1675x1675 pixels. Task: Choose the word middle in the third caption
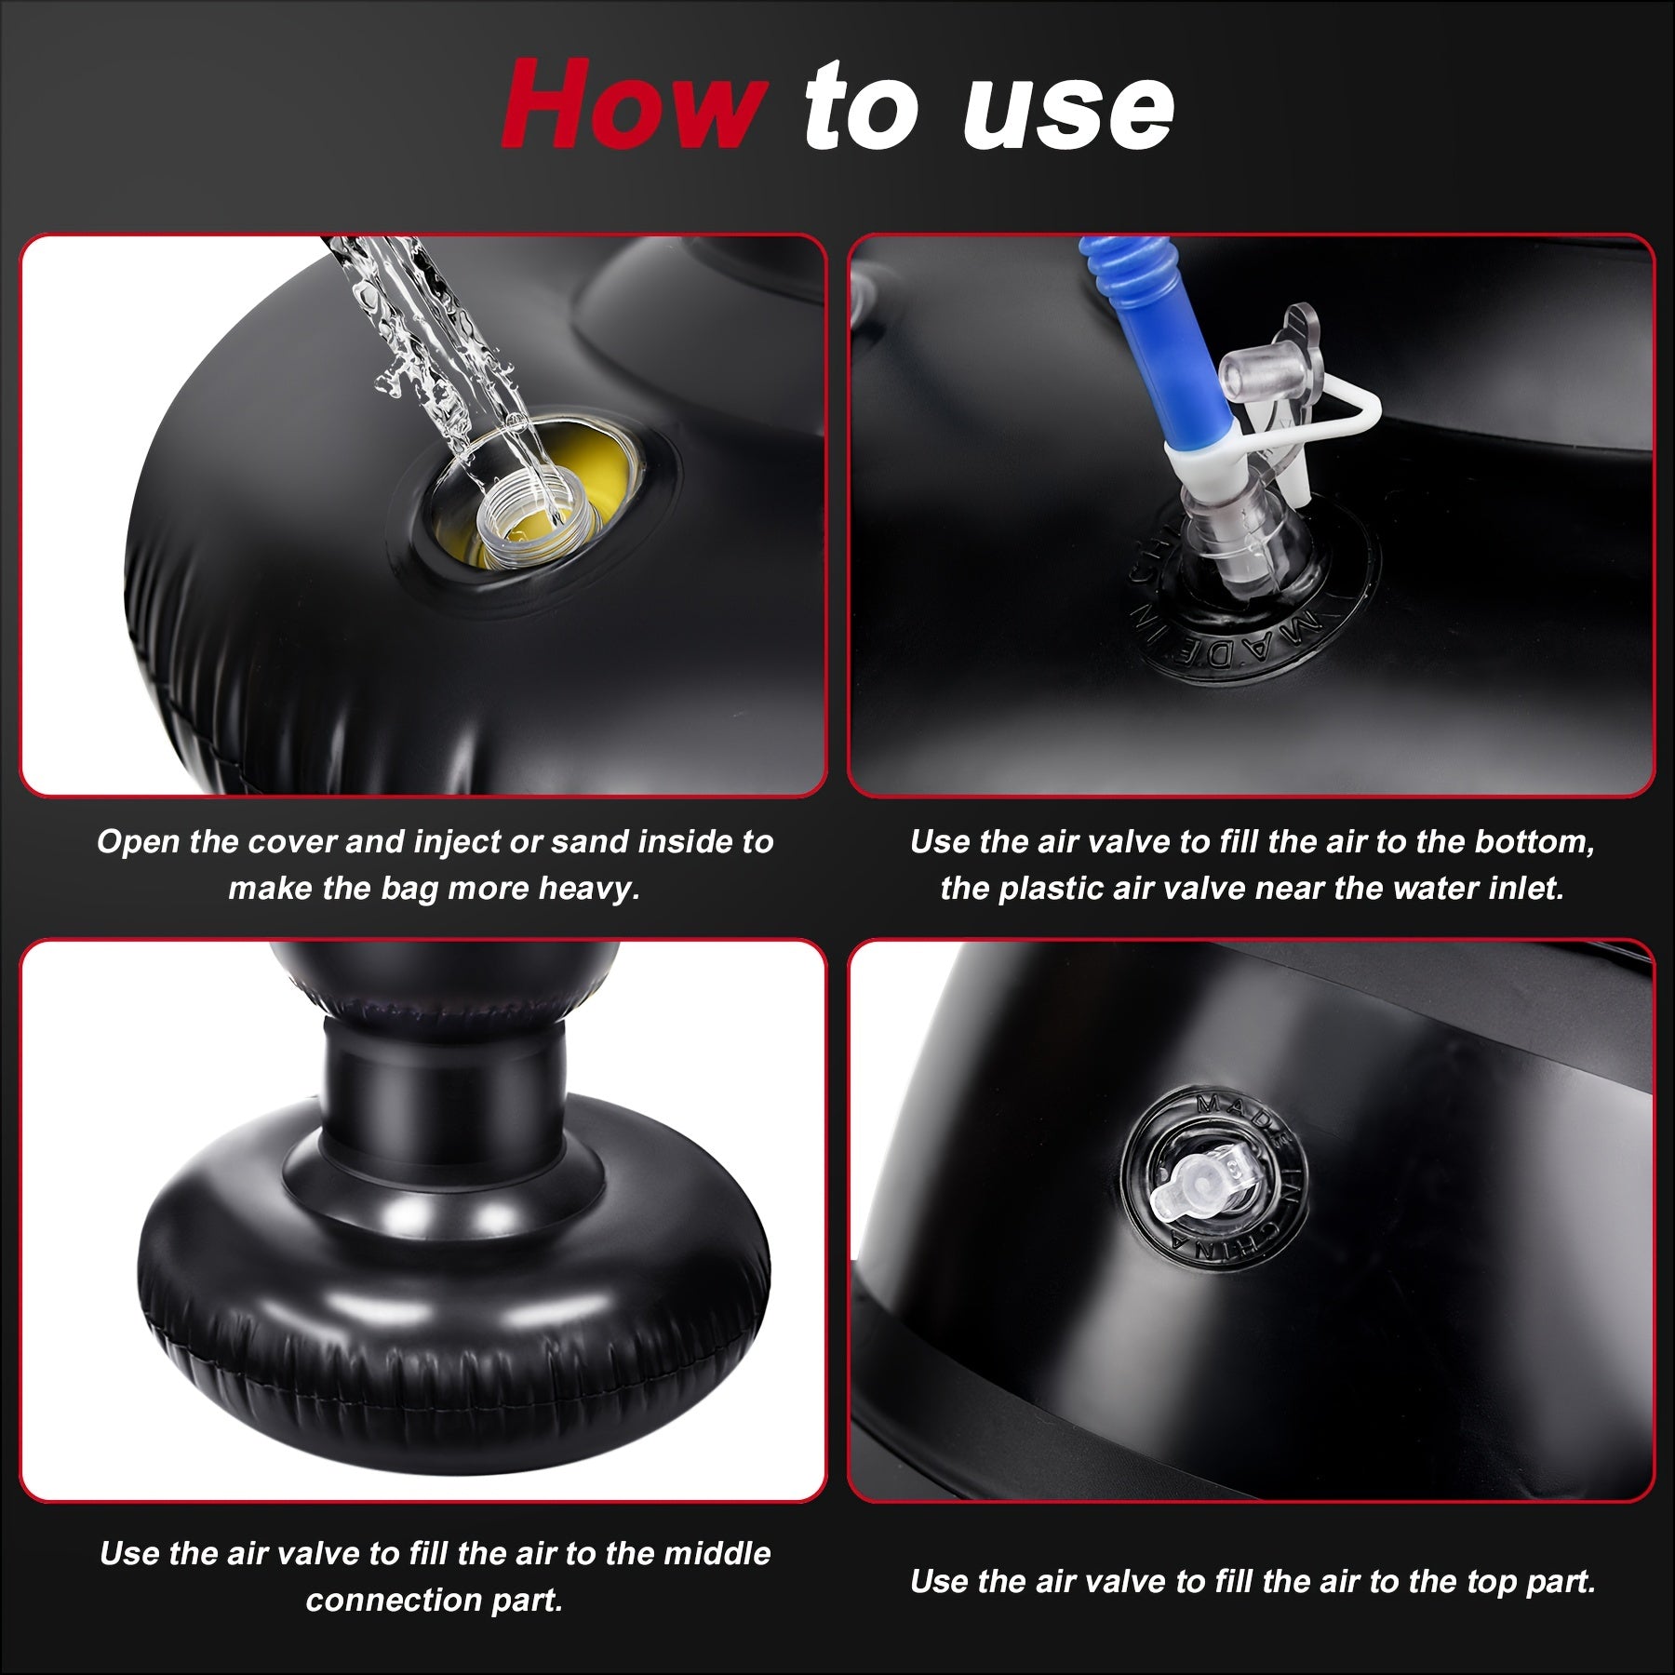[x=717, y=1554]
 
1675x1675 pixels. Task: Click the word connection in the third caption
[x=391, y=1601]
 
